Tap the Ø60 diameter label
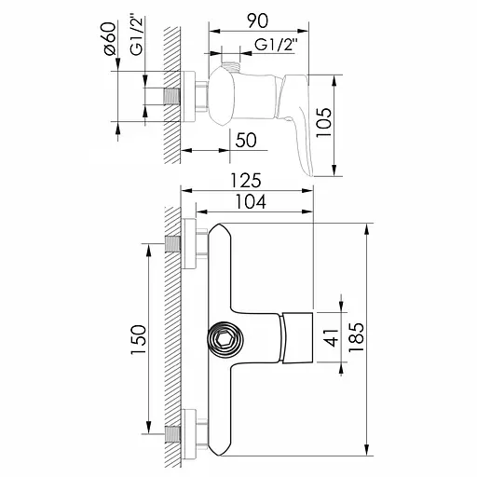108,38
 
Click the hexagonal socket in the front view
225,339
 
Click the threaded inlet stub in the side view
173,96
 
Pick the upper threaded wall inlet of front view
173,246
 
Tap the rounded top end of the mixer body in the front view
222,233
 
